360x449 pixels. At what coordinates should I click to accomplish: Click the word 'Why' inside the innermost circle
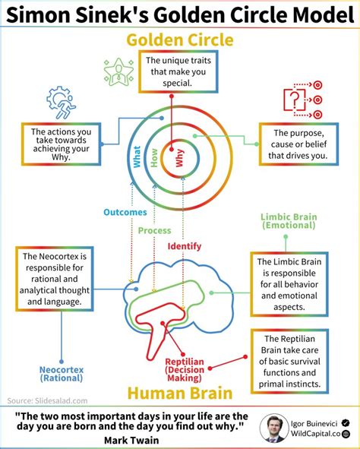[x=179, y=158]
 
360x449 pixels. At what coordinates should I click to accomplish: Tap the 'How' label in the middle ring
[x=154, y=158]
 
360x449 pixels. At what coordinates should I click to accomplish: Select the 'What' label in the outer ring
[x=137, y=157]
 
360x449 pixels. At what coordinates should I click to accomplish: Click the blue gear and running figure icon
[x=61, y=103]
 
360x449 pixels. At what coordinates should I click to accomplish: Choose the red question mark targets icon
[x=303, y=100]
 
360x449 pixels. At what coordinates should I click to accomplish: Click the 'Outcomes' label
[x=125, y=212]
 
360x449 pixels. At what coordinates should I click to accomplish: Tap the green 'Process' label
[x=154, y=230]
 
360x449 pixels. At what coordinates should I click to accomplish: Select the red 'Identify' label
[x=185, y=246]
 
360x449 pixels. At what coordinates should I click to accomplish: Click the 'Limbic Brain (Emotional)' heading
[x=289, y=221]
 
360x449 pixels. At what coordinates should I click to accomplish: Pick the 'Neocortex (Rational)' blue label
[x=62, y=374]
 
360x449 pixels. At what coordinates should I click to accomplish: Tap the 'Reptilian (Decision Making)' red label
[x=185, y=370]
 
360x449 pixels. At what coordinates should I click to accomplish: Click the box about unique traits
[x=178, y=71]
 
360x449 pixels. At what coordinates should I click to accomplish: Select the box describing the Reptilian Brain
[x=289, y=361]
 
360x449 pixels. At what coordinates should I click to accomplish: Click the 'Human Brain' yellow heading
[x=180, y=393]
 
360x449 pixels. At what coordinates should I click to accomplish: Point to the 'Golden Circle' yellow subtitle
[x=180, y=40]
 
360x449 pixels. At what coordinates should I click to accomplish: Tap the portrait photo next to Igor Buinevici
[x=274, y=428]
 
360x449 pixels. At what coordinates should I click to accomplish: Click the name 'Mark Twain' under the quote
[x=131, y=440]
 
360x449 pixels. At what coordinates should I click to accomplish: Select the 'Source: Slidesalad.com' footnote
[x=48, y=400]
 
